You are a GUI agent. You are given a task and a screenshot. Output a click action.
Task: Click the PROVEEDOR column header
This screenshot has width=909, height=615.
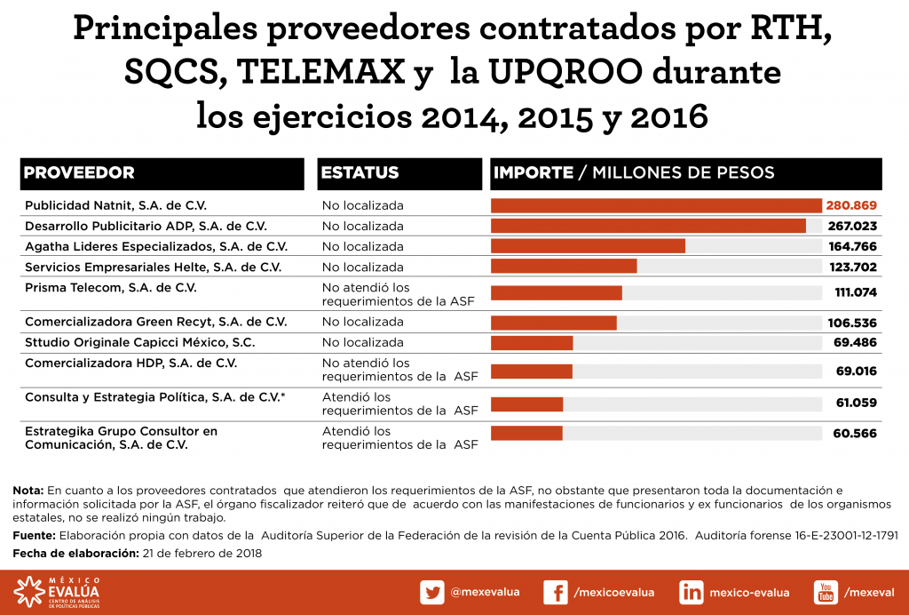[80, 173]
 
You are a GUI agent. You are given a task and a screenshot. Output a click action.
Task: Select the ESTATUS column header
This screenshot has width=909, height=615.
[360, 173]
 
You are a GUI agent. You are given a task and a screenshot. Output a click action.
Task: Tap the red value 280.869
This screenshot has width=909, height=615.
[851, 205]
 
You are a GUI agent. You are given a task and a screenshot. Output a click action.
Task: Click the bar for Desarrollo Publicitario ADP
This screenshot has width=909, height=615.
[648, 226]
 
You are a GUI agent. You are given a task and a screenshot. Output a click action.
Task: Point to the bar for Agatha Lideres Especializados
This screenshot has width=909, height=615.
[588, 246]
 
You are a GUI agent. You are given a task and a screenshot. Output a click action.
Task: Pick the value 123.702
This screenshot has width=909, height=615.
[851, 267]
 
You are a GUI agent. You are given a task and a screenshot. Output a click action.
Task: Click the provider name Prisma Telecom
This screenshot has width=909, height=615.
[111, 288]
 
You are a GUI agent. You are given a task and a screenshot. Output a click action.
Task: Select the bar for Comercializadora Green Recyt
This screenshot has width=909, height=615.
[553, 322]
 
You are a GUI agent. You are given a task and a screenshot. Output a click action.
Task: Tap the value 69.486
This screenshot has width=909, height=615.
[856, 342]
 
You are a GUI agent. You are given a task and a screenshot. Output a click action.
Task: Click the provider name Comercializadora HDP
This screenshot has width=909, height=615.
[130, 363]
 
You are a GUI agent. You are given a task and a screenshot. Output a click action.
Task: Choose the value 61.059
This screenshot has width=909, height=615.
[856, 403]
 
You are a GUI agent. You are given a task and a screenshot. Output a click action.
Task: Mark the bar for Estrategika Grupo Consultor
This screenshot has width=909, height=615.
[526, 433]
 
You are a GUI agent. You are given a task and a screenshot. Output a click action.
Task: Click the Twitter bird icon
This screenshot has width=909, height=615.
[432, 593]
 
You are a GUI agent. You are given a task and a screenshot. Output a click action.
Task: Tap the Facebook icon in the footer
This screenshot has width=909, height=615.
[555, 593]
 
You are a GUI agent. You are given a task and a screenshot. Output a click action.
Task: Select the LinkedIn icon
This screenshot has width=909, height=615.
[692, 593]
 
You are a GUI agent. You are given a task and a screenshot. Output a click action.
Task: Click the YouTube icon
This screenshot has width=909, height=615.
[826, 593]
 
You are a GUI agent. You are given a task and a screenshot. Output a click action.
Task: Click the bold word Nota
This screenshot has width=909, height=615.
[28, 490]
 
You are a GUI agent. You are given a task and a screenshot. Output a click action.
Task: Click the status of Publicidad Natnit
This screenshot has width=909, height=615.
[362, 205]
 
